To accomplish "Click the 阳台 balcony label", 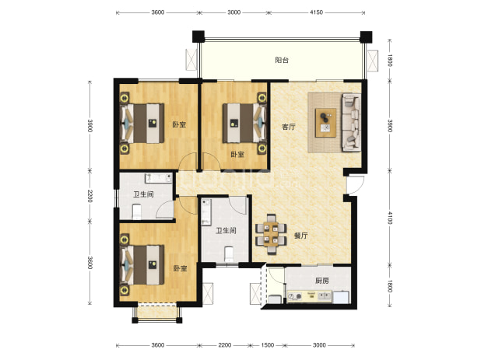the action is tap(282, 60).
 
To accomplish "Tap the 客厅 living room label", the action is tap(289, 127).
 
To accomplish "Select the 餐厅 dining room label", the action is tap(301, 236).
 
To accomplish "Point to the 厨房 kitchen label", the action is tap(322, 281).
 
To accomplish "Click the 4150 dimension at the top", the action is tap(317, 12).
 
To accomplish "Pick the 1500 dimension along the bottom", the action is tap(267, 345).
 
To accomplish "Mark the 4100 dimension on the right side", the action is tap(390, 218).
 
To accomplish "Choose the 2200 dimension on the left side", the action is tap(90, 196).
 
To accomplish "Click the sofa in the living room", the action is tap(352, 122).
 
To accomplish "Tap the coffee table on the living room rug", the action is tap(326, 123).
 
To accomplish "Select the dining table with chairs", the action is tap(271, 234).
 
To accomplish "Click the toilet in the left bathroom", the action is tap(136, 211).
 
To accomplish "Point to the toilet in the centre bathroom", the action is tap(229, 254).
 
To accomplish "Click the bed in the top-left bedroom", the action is tap(142, 124).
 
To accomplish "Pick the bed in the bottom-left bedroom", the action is tap(142, 264).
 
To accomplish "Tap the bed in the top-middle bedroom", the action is tap(244, 123).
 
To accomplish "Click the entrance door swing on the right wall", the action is tap(355, 185).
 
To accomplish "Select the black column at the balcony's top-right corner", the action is tap(366, 37).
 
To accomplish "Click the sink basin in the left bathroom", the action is tap(158, 178).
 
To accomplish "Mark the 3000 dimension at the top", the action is tap(233, 12).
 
